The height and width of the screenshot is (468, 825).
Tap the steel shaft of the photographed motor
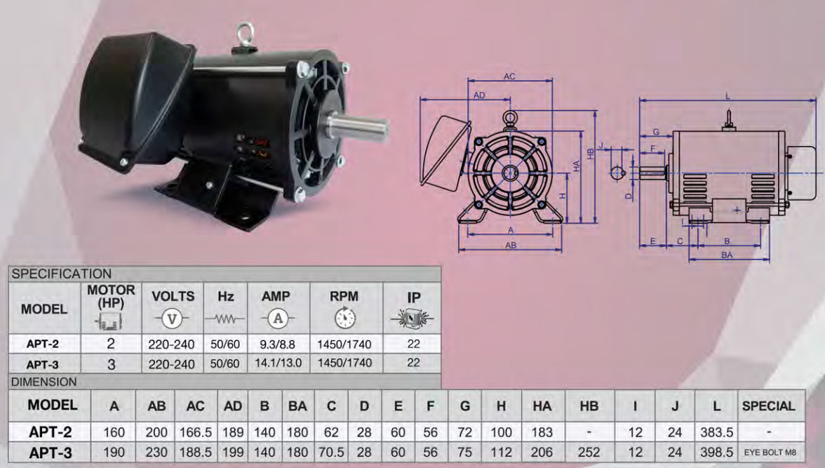tap(358, 127)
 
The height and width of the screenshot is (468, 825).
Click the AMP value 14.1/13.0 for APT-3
tap(279, 363)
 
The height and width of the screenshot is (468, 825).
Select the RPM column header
tap(344, 296)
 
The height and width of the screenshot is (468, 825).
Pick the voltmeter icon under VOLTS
tap(172, 319)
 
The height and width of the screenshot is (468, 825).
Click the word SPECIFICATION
tap(62, 274)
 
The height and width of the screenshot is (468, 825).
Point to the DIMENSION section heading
tap(44, 382)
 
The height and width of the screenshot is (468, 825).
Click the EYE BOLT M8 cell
tap(770, 452)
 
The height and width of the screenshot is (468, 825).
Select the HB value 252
tap(589, 452)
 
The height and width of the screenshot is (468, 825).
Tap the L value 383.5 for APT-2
tap(716, 432)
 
